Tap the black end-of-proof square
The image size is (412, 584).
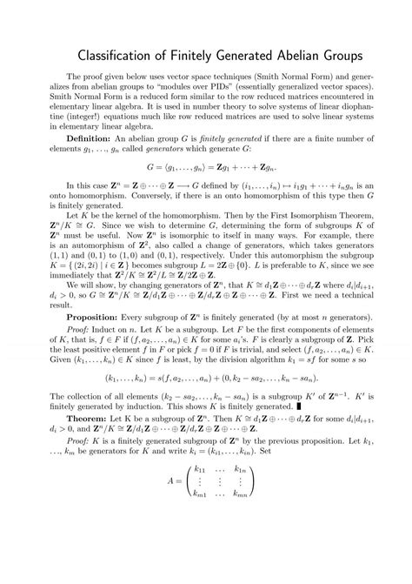[301, 429]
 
